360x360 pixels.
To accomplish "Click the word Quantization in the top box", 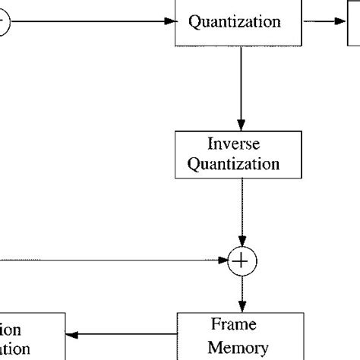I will click(234, 22).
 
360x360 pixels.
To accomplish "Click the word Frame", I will click(234, 326).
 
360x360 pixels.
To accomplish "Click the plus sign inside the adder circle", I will click(241, 262).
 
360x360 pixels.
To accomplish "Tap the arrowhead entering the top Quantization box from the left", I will click(169, 21).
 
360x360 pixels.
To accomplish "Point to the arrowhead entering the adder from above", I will click(241, 244).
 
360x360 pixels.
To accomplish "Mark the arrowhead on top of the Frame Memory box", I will click(241, 306).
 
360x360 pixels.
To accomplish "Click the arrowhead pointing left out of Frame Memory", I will click(70, 334).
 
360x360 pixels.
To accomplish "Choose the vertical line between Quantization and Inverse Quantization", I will click(241, 84).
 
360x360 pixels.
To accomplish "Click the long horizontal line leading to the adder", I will click(114, 262).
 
